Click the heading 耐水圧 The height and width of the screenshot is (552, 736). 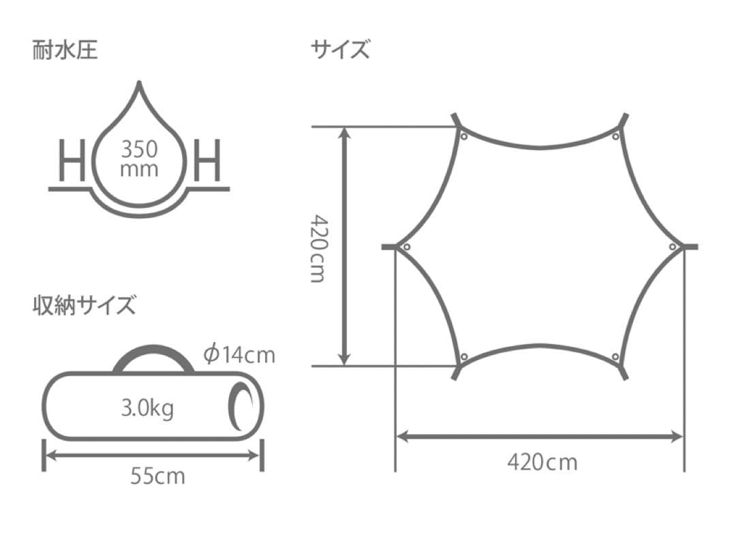[65, 51]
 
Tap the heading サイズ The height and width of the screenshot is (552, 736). [340, 50]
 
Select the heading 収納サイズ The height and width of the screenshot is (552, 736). [84, 305]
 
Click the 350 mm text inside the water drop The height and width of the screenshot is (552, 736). [139, 158]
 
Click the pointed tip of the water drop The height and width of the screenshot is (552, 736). [140, 85]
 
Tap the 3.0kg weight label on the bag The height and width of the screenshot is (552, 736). [147, 408]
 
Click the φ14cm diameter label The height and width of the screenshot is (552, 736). [239, 354]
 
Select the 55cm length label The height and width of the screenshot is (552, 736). [157, 475]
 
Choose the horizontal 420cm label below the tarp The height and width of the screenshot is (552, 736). [542, 462]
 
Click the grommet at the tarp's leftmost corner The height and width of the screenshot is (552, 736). [406, 247]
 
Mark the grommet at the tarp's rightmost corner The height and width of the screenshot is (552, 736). [673, 247]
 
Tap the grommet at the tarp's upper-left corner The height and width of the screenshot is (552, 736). [464, 136]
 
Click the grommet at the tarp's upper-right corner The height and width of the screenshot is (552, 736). [615, 136]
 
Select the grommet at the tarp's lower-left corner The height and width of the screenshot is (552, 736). [464, 357]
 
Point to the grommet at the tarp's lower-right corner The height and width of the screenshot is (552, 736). [615, 357]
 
